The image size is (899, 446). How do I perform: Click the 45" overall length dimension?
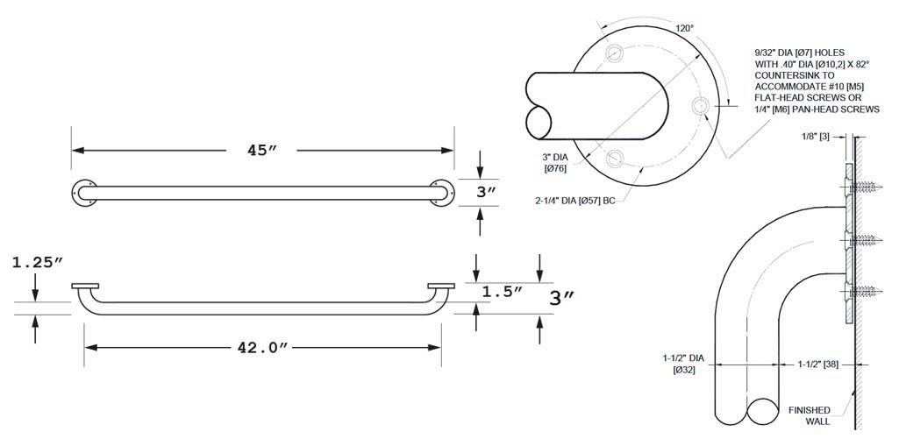coord(261,151)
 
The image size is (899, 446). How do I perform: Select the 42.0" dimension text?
coord(262,348)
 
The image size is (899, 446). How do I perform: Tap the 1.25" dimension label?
coord(37,263)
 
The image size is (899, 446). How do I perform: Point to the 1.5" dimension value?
coord(502,291)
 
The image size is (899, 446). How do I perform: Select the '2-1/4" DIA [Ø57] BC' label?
coord(574,202)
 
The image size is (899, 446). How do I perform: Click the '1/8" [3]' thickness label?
coord(817,137)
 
